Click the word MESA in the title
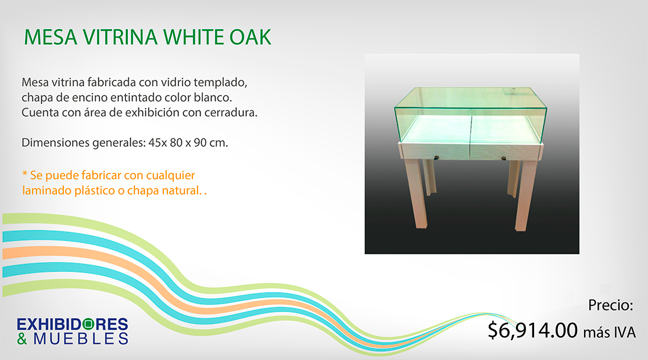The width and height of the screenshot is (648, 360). click(x=51, y=37)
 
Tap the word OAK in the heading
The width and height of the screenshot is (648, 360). click(x=250, y=37)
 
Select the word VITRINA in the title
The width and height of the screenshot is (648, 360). click(x=120, y=37)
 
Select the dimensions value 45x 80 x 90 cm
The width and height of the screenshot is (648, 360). click(x=188, y=142)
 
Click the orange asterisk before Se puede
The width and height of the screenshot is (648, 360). click(x=24, y=173)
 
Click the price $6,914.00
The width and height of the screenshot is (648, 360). click(x=532, y=330)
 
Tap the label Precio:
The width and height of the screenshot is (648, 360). click(x=610, y=305)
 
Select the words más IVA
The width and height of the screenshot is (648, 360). click(x=609, y=332)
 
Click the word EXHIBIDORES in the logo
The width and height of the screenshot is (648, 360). click(x=72, y=324)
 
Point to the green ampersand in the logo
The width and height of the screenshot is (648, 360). click(x=22, y=338)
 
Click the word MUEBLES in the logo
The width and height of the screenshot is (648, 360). click(x=81, y=338)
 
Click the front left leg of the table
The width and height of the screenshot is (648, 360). click(x=416, y=193)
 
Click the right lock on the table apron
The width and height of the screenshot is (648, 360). click(x=503, y=158)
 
